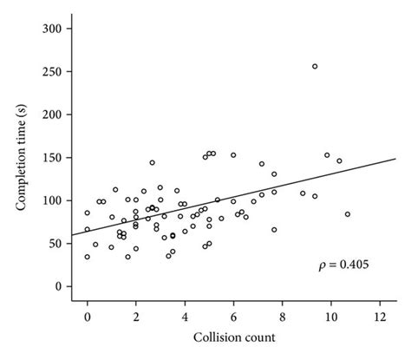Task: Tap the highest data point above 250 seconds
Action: click(315, 66)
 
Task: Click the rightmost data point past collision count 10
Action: click(348, 214)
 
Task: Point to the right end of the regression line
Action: click(395, 159)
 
